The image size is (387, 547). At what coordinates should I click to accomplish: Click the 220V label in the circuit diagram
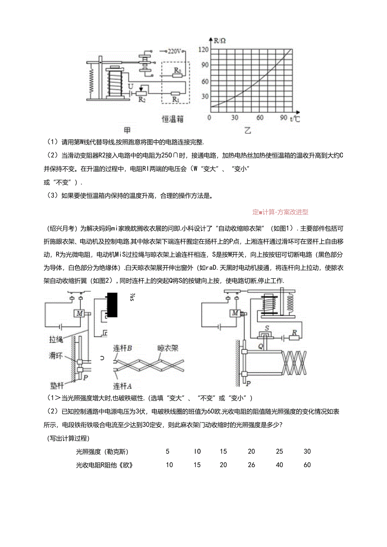[x=174, y=51]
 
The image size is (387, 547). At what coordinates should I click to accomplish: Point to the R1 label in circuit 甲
[x=175, y=100]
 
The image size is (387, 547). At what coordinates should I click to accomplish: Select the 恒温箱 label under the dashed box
[x=172, y=119]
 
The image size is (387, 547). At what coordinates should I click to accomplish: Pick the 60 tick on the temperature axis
[x=260, y=118]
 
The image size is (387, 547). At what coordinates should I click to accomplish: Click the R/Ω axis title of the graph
[x=220, y=41]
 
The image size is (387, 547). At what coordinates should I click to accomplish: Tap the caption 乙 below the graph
[x=247, y=130]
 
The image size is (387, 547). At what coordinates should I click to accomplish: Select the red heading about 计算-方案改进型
[x=280, y=212]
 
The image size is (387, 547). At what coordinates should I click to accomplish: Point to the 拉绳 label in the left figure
[x=56, y=338]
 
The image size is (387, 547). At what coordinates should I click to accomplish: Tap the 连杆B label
[x=123, y=348]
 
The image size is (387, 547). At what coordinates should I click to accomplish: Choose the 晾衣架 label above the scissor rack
[x=168, y=348]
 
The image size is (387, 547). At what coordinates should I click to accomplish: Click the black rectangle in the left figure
[x=112, y=305]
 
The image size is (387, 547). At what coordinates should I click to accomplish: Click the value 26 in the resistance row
[x=251, y=465]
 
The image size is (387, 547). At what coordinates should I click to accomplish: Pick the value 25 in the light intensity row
[x=279, y=452]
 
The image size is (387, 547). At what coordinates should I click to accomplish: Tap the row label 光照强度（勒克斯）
[x=102, y=452]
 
